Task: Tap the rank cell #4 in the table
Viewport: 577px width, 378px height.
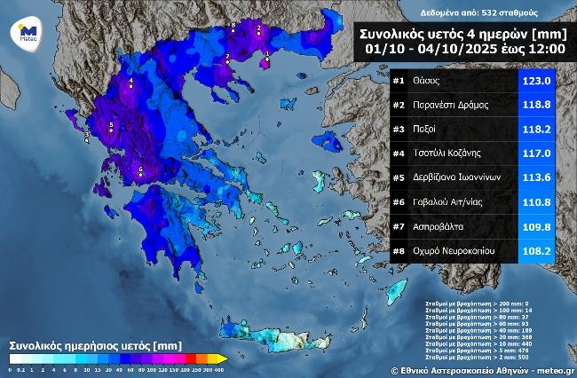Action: pyautogui.click(x=400, y=153)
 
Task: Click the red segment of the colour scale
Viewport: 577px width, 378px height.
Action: pyautogui.click(x=178, y=358)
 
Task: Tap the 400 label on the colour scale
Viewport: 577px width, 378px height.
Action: pyautogui.click(x=218, y=368)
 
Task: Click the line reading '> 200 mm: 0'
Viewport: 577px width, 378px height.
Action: pyautogui.click(x=497, y=303)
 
